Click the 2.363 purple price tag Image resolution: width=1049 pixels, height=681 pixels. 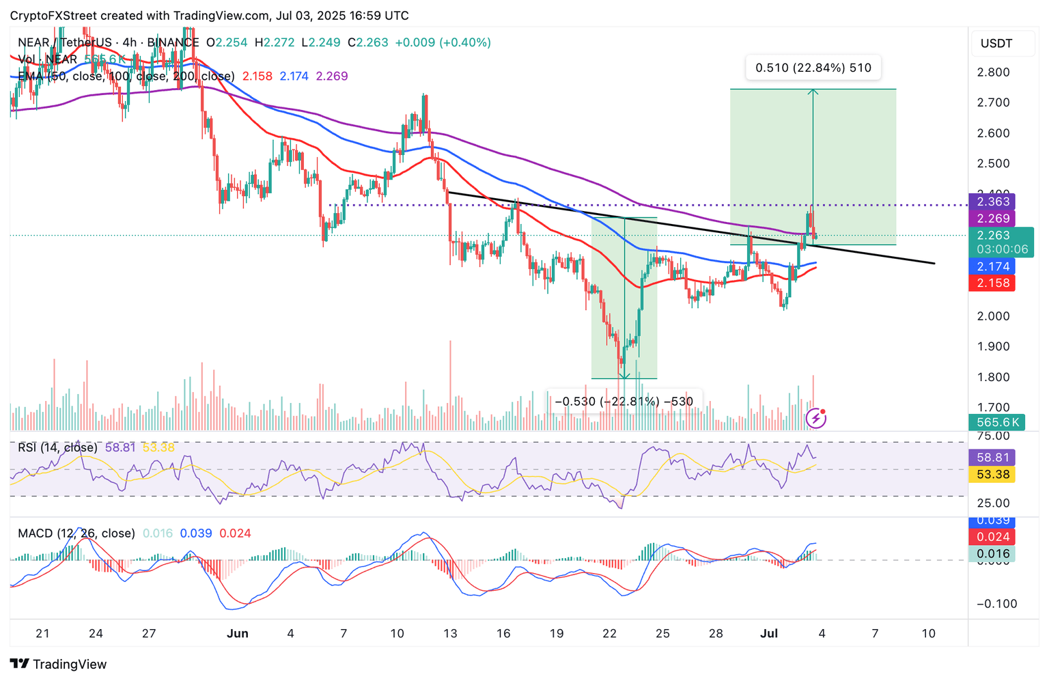click(993, 201)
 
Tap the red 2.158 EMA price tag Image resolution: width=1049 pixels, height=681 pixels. click(992, 283)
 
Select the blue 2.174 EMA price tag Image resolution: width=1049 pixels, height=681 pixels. click(992, 266)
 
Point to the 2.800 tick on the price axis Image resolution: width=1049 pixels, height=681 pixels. click(993, 72)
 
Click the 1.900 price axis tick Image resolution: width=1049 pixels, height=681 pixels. click(993, 346)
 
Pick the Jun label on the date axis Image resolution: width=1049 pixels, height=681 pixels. click(237, 633)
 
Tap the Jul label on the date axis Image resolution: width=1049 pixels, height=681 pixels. click(769, 633)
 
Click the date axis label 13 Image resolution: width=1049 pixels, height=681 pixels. click(450, 633)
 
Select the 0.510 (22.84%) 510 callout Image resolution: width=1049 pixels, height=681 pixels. click(813, 68)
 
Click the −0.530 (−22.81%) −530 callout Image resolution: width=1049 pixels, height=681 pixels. click(624, 402)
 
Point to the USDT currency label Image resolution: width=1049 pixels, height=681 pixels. click(996, 44)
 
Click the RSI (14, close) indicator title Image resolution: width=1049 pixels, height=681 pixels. click(57, 448)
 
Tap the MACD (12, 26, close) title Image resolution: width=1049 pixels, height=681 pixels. click(76, 533)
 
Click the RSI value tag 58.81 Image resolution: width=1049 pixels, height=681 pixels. click(992, 458)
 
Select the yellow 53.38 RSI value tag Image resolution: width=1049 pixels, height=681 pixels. click(992, 474)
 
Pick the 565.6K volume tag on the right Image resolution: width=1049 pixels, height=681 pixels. click(997, 422)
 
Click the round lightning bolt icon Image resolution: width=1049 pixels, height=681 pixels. click(816, 418)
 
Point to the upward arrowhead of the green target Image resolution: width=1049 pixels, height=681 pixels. click(813, 91)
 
